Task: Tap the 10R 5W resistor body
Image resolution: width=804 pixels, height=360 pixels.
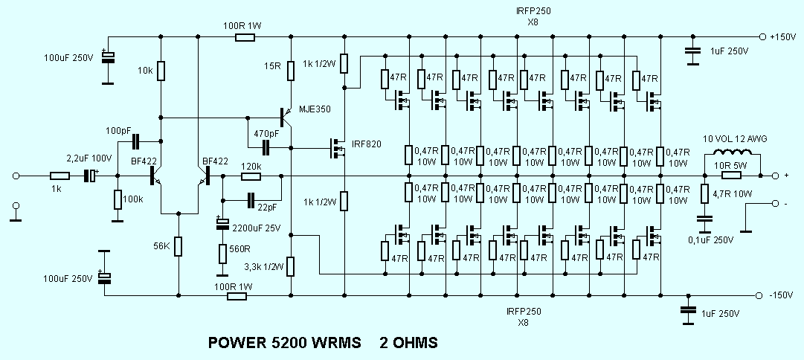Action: click(x=731, y=176)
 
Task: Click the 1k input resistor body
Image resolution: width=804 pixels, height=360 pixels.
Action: click(x=60, y=176)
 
